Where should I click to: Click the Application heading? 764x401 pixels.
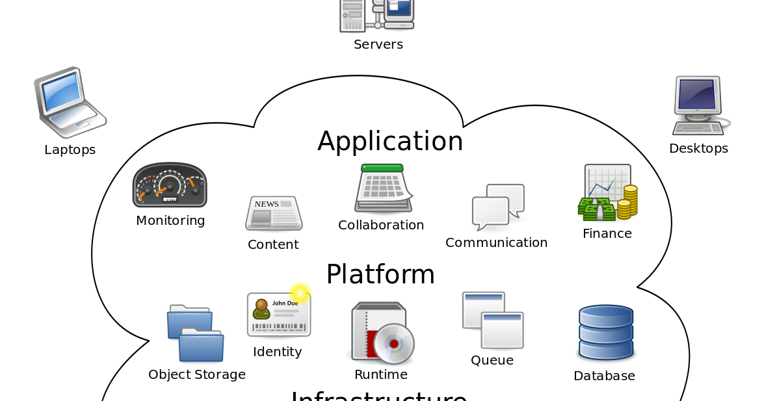coord(390,141)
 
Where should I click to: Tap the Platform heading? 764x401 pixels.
coord(380,274)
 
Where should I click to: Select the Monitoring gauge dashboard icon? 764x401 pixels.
coord(170,185)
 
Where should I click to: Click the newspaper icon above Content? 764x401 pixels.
coord(274,213)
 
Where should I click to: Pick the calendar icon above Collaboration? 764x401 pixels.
coord(383,188)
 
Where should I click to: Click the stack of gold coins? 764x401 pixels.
coord(627,201)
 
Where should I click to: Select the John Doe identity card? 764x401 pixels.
coord(279,315)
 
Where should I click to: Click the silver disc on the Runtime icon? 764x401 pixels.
coord(393,343)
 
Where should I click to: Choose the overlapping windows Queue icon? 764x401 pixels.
coord(493,320)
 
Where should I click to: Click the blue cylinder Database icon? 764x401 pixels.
coord(605,332)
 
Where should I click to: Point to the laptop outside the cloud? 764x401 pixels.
coord(69,102)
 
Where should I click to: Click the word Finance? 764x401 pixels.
coord(607,233)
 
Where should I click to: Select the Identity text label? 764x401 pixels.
coord(277,352)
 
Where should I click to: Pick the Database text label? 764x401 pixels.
coord(604,376)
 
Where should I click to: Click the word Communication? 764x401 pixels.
coord(496,242)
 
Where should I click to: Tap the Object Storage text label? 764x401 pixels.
coord(197,374)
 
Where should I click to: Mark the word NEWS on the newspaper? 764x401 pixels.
coord(267,204)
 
